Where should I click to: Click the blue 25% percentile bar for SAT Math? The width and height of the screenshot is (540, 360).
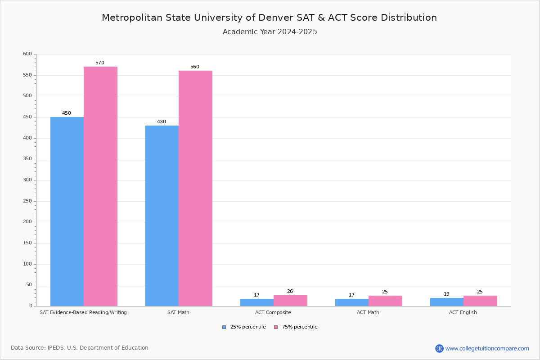click(x=162, y=216)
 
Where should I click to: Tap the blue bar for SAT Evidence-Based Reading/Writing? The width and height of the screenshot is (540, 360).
click(x=67, y=211)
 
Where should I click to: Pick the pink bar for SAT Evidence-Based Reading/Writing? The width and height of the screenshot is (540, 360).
click(x=100, y=186)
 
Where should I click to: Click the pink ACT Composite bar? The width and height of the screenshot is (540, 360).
click(x=290, y=301)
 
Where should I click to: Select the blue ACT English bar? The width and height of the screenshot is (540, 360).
click(x=446, y=302)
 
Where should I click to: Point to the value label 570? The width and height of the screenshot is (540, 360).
click(x=100, y=63)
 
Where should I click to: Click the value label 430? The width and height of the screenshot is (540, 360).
click(x=162, y=122)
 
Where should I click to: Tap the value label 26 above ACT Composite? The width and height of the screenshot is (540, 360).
click(x=290, y=292)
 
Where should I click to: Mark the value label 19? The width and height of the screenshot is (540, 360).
click(x=446, y=294)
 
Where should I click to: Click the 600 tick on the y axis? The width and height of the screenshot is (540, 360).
click(x=27, y=54)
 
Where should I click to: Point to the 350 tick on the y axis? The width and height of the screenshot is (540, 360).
click(x=27, y=159)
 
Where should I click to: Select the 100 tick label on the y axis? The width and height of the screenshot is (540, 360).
click(x=27, y=264)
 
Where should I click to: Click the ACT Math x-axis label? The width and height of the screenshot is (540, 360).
click(x=368, y=312)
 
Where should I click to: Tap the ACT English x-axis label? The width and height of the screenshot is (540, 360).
click(x=463, y=312)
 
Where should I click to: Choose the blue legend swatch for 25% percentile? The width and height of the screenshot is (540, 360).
click(x=224, y=327)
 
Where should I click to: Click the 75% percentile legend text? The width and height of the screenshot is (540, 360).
click(x=300, y=327)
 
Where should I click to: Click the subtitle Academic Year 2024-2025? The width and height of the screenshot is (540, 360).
click(x=270, y=32)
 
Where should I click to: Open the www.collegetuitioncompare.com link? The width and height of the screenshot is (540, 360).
click(x=487, y=348)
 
